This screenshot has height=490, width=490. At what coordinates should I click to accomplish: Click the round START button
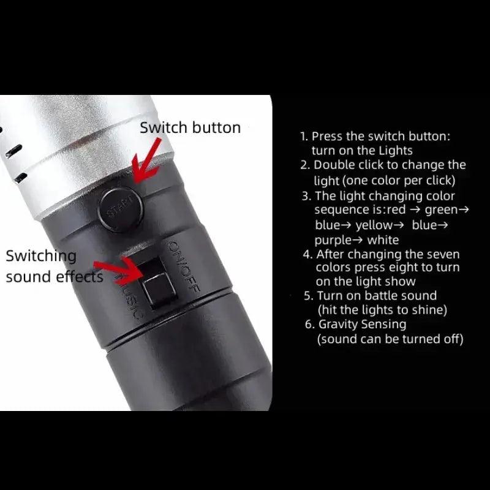tap(121, 209)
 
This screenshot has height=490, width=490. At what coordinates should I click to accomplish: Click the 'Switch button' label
tap(190, 128)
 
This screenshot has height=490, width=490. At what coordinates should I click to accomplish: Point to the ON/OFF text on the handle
tap(184, 266)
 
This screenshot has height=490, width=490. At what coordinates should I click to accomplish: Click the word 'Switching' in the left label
tap(41, 257)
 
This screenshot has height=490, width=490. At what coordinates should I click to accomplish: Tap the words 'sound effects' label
tap(55, 277)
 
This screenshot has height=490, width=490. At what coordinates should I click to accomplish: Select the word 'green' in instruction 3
tap(441, 210)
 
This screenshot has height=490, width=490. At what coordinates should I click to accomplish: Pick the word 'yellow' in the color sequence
tap(374, 225)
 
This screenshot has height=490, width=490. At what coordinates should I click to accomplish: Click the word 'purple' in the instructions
tap(333, 241)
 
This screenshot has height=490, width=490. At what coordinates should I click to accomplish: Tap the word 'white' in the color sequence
tap(383, 240)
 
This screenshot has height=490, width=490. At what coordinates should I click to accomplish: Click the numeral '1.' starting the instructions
tap(304, 137)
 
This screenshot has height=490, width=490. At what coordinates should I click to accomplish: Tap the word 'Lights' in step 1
tap(396, 151)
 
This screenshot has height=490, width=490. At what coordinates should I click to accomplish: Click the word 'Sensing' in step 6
tap(384, 325)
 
